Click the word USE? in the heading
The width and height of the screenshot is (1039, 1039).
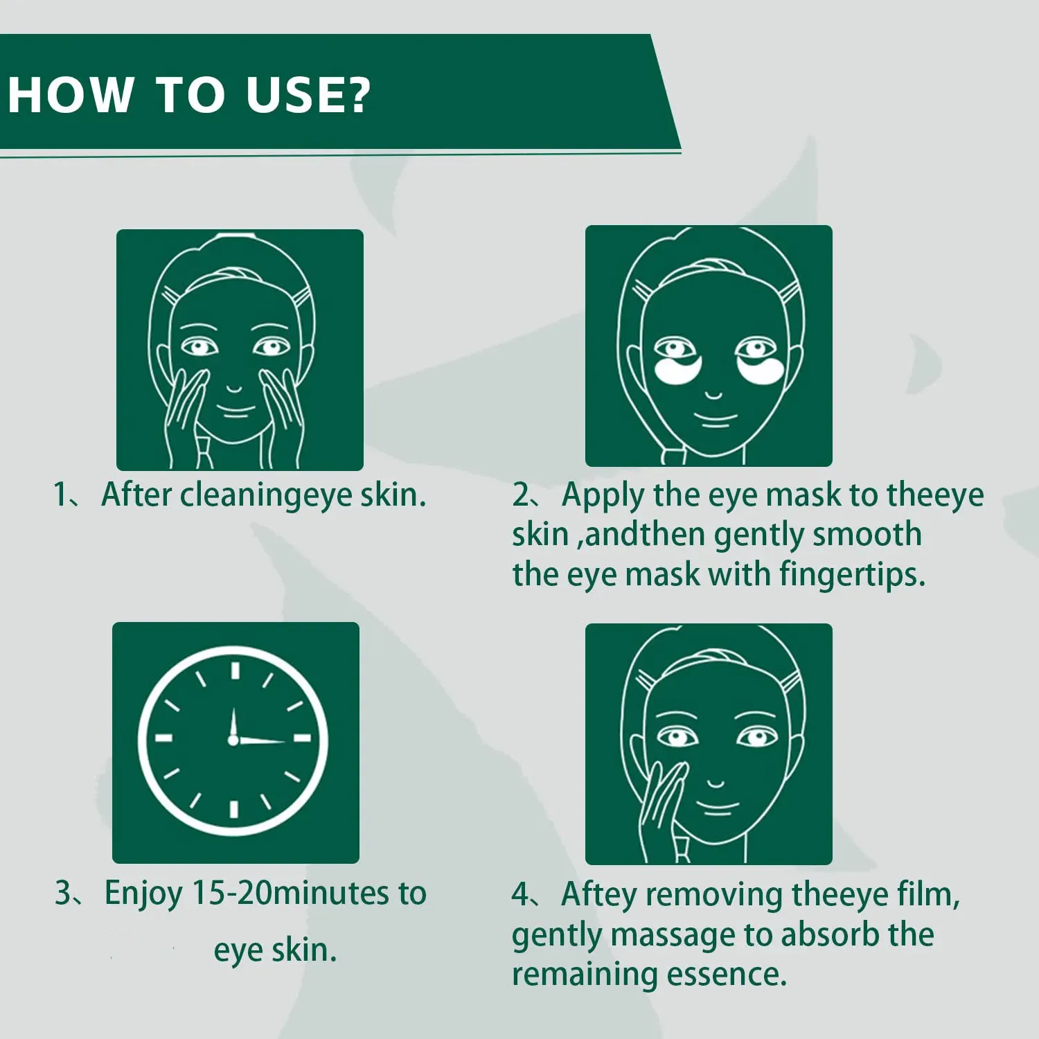[308, 94]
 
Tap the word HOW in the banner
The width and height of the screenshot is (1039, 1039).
[71, 94]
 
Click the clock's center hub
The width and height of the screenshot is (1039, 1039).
[233, 740]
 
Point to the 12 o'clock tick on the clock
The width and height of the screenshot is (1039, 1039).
[235, 671]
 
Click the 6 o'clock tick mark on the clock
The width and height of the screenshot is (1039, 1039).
[233, 809]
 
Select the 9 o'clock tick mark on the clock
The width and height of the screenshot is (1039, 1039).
[163, 738]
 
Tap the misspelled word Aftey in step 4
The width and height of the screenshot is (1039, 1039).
[598, 895]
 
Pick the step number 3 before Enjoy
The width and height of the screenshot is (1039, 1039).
[63, 893]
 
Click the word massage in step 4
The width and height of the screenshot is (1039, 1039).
[671, 936]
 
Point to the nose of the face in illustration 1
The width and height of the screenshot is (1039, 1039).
[234, 388]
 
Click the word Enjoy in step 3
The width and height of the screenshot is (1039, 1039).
[144, 894]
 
